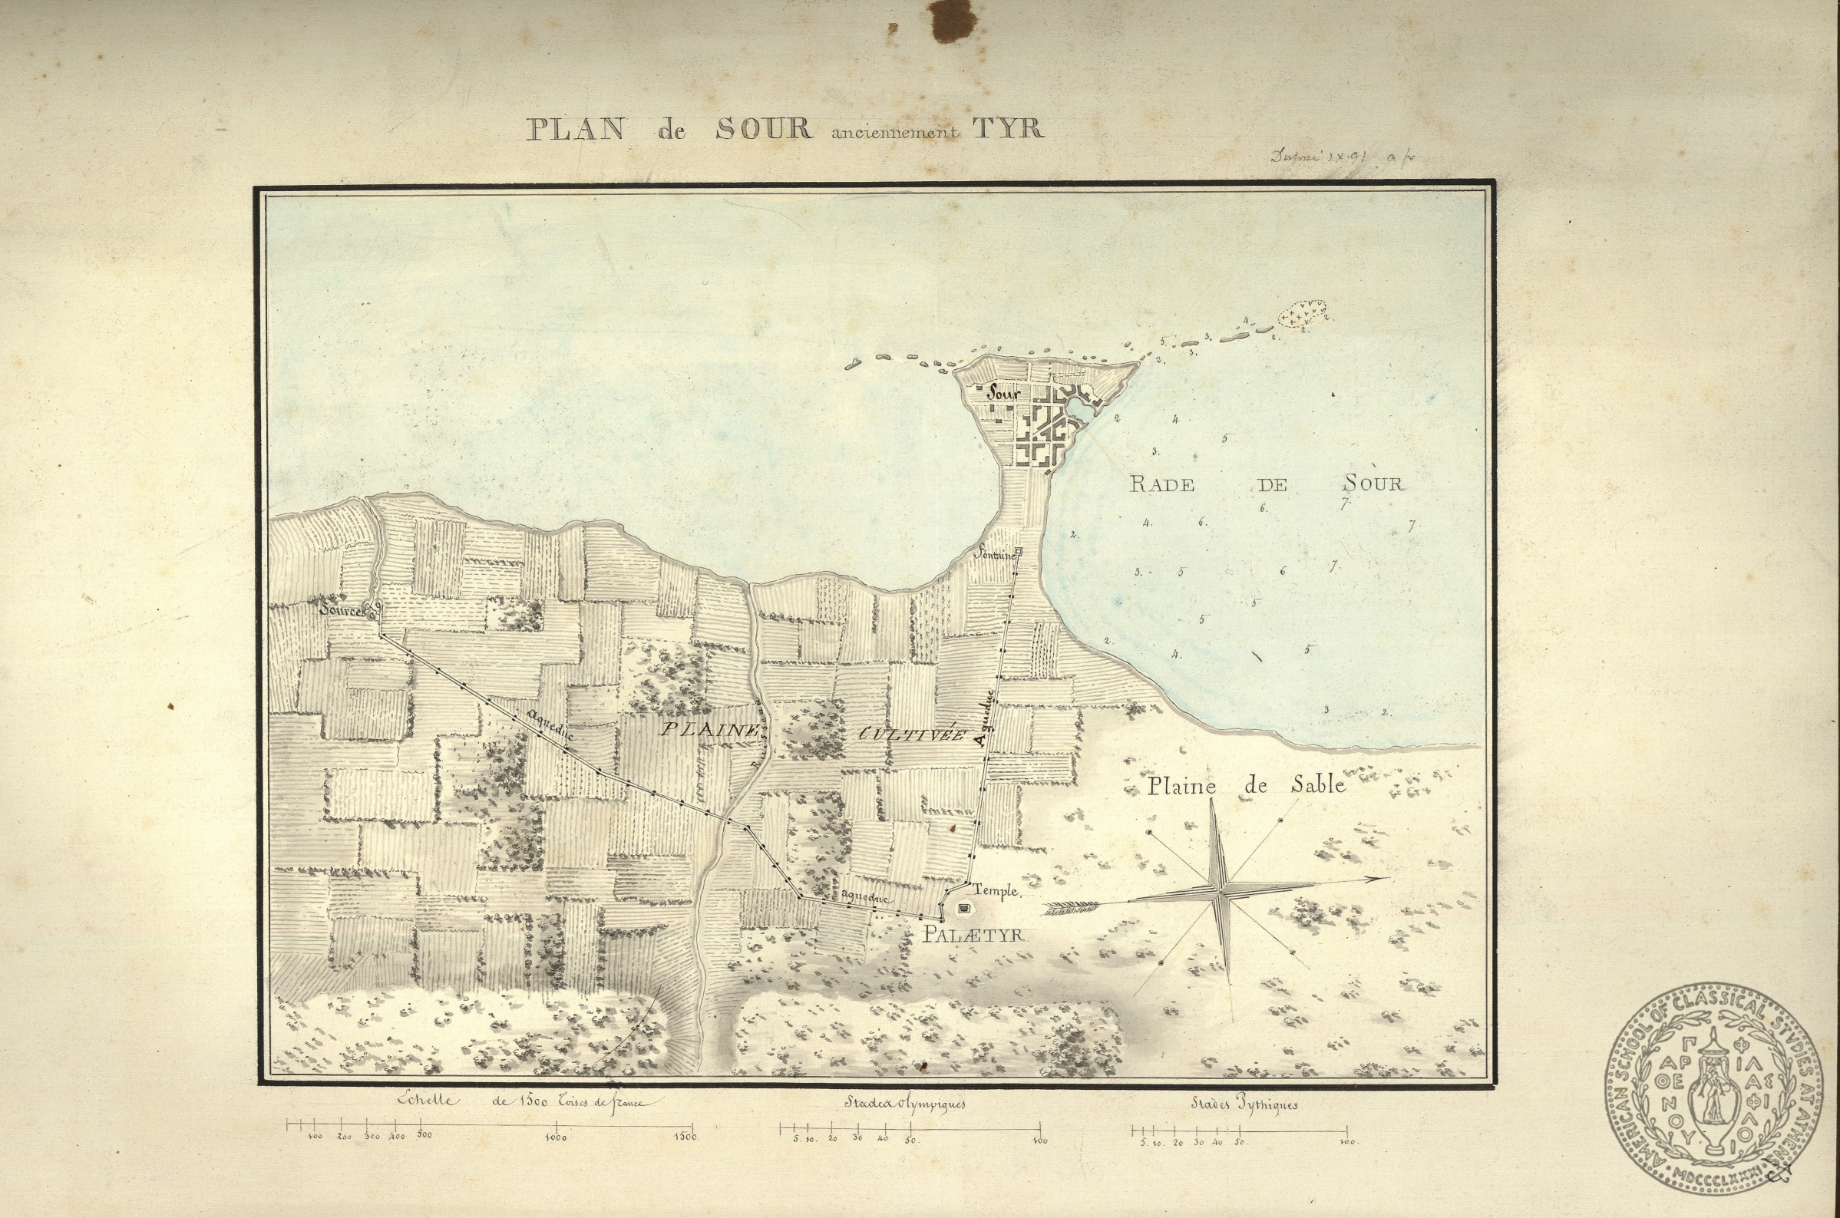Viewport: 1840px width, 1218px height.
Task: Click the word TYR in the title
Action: pos(1007,128)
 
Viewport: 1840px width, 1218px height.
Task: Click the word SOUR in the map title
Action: pos(764,129)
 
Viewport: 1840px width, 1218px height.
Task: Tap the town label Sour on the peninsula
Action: pos(1003,394)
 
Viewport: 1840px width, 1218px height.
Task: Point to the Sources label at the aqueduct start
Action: pos(344,612)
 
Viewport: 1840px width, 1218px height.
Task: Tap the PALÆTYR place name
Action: pos(973,936)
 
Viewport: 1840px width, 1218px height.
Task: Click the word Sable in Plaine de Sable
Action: pos(1318,785)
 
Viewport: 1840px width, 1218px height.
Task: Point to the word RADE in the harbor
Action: pos(1161,485)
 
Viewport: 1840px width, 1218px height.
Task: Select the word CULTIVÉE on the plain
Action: pos(911,734)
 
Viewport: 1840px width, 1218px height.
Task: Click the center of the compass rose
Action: pos(1222,891)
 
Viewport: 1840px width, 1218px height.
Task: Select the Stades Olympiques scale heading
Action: pos(905,1103)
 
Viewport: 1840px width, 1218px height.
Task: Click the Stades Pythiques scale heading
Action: pos(1244,1104)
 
